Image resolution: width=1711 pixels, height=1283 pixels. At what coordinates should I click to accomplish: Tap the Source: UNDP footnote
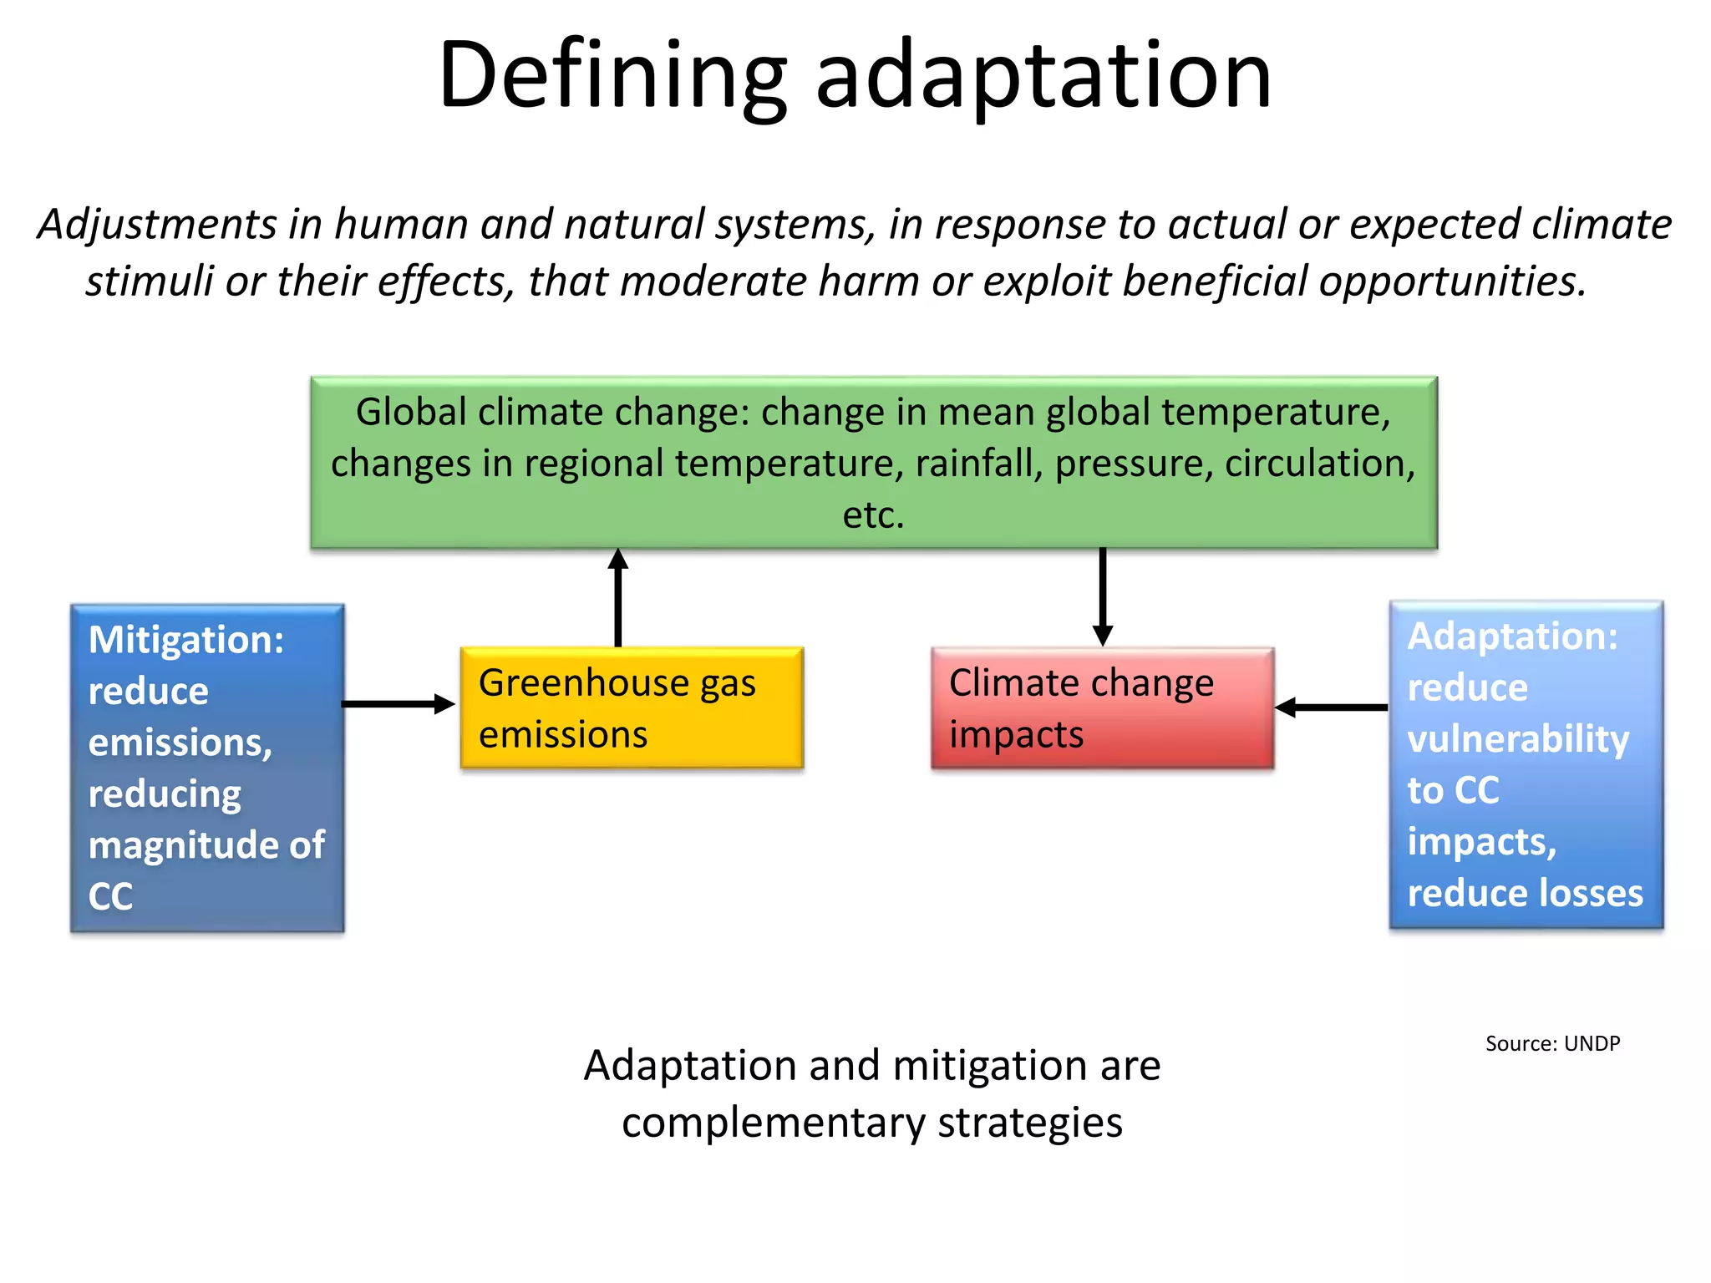(x=1552, y=1043)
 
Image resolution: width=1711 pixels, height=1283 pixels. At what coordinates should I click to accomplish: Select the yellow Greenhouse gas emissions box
(x=632, y=708)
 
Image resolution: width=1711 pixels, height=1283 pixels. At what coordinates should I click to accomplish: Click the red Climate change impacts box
(x=1102, y=708)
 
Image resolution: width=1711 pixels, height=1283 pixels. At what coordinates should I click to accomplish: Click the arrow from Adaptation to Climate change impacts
(x=1332, y=707)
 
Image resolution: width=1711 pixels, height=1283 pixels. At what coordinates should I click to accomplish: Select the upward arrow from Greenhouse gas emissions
(x=618, y=597)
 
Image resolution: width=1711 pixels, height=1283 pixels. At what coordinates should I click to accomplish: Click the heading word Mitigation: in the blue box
(x=186, y=640)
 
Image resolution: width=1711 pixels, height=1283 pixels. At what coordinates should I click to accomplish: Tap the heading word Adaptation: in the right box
(x=1512, y=636)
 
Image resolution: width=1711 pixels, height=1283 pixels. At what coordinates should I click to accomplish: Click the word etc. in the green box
(x=873, y=515)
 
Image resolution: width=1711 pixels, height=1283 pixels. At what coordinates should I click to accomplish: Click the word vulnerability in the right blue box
(x=1518, y=740)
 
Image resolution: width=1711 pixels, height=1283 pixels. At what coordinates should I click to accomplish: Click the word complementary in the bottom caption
(x=774, y=1123)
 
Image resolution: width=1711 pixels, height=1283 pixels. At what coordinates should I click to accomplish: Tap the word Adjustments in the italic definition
(x=157, y=226)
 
